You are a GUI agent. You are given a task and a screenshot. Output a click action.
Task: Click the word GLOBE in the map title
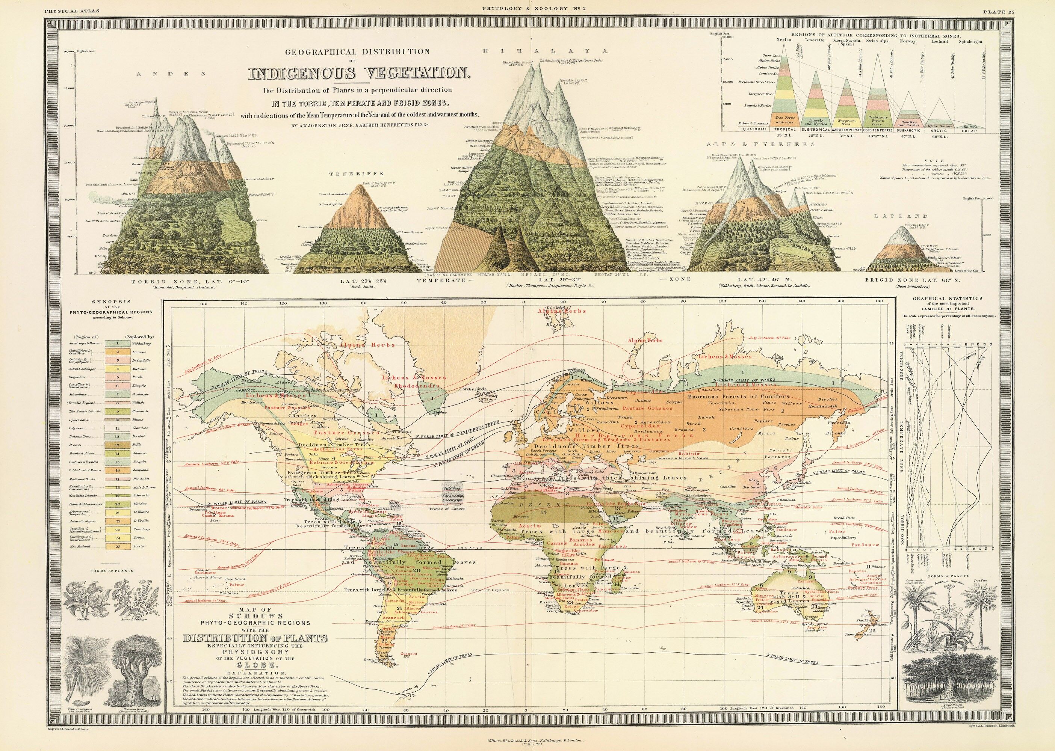256,665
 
